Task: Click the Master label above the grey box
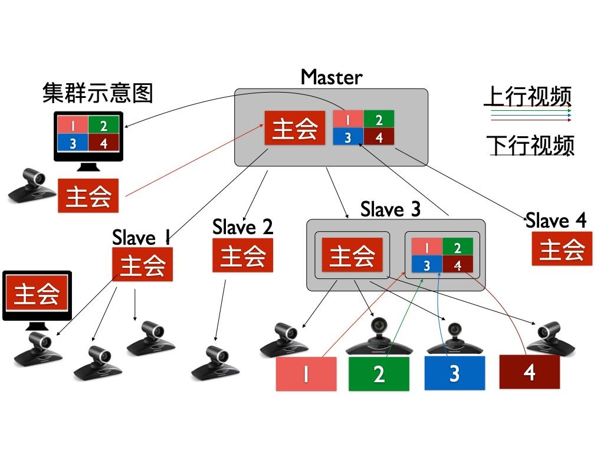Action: click(x=331, y=77)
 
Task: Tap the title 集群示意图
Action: click(x=98, y=93)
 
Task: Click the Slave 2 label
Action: click(x=243, y=226)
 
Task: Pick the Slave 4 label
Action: click(x=556, y=221)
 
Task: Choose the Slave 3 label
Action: click(x=390, y=209)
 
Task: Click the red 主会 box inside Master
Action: click(x=295, y=127)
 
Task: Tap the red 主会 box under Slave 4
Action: click(x=561, y=248)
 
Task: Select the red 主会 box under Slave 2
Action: click(x=243, y=255)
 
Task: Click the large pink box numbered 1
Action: click(x=306, y=374)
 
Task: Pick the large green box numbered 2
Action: click(x=379, y=374)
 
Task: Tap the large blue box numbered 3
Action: click(x=454, y=373)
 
